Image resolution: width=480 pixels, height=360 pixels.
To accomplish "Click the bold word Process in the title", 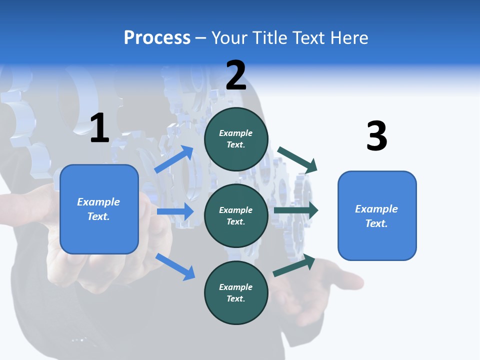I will click(x=157, y=38).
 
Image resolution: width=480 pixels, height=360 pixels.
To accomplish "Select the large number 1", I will click(x=99, y=128).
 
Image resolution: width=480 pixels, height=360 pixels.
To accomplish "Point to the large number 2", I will click(x=236, y=75).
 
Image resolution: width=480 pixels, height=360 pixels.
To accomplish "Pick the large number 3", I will click(x=376, y=136).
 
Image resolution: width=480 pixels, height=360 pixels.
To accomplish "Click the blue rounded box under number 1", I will click(x=99, y=209).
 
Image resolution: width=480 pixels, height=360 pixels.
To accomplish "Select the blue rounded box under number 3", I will click(x=377, y=215).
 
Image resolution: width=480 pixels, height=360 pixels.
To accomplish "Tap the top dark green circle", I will click(x=236, y=139).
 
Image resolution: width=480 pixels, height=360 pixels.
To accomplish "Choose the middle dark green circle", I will click(x=236, y=215).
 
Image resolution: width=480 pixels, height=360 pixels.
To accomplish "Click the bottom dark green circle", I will click(x=236, y=292).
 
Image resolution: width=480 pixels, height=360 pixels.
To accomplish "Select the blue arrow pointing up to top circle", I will click(x=174, y=159).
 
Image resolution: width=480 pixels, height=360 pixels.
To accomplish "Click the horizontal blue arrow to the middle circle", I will click(x=175, y=211).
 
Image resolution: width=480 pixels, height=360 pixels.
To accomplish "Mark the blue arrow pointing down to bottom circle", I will click(x=175, y=266).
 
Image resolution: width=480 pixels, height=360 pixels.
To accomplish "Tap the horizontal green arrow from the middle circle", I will click(x=296, y=210).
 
